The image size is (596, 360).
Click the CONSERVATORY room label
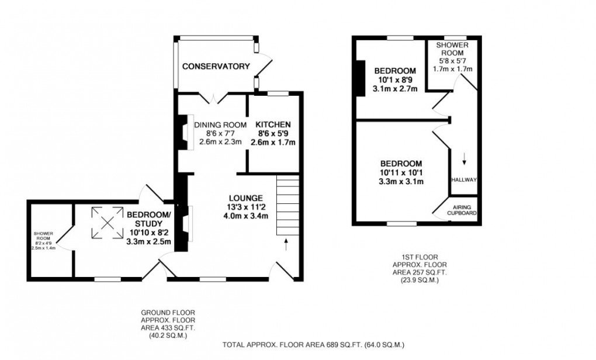[x=216, y=67]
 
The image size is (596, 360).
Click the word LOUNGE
[x=246, y=198]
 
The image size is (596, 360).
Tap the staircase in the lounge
[x=287, y=205]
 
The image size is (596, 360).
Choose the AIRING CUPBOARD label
[x=462, y=210]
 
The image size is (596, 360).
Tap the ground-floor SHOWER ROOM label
[x=43, y=236]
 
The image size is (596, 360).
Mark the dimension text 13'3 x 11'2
[x=246, y=207]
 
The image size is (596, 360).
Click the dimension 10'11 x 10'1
[x=400, y=172]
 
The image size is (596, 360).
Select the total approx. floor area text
[x=313, y=345]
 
